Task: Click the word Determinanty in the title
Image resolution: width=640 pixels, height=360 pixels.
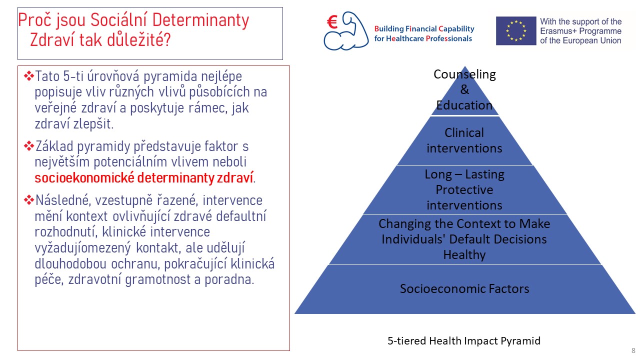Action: [200, 20]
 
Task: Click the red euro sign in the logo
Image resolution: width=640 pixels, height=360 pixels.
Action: [332, 22]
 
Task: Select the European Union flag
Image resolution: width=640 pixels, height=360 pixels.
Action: [516, 31]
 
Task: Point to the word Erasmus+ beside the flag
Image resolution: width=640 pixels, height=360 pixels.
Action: [557, 31]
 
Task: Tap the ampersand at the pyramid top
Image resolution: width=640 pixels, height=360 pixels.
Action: [464, 89]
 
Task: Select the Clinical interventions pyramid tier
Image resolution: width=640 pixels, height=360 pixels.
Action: [464, 140]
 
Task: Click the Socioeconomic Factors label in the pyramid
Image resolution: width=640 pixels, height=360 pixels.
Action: [464, 288]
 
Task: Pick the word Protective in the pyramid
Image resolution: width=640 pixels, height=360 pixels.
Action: [464, 189]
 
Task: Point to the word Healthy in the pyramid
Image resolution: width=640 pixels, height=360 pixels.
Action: [464, 255]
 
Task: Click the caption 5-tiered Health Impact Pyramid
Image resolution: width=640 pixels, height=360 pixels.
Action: [464, 341]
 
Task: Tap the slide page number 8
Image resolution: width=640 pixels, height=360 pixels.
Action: [633, 350]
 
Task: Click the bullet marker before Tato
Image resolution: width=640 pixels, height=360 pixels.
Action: [29, 76]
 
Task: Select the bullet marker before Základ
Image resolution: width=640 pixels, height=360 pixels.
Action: [29, 146]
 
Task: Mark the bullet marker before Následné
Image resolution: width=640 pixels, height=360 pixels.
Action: [29, 200]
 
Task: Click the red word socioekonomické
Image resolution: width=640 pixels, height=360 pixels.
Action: [84, 177]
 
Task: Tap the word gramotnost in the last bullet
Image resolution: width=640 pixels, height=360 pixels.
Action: [157, 279]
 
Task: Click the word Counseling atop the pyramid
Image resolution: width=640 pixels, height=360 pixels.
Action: [464, 74]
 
